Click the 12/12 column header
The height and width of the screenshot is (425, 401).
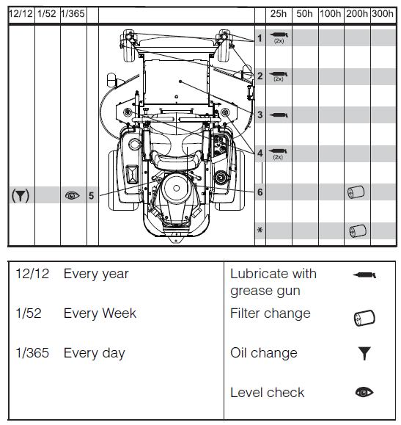[x=20, y=14]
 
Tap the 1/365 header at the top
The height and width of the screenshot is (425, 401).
[x=72, y=14]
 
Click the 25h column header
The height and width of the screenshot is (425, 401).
[x=279, y=14]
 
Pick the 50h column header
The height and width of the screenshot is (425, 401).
[x=304, y=14]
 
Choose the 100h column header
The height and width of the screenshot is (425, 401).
[x=330, y=14]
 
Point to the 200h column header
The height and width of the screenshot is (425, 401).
[x=356, y=14]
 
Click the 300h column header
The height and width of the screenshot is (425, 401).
[x=382, y=14]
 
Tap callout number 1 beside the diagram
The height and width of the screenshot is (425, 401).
[x=260, y=37]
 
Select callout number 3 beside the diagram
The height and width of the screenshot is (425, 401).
[x=260, y=115]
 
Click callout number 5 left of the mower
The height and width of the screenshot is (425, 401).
[x=91, y=196]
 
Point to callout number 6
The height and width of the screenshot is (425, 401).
[x=260, y=192]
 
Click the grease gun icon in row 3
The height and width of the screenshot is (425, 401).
[x=279, y=115]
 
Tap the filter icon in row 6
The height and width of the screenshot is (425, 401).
[x=356, y=192]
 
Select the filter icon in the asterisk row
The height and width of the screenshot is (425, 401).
[x=356, y=231]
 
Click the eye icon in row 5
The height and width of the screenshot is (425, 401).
[x=72, y=196]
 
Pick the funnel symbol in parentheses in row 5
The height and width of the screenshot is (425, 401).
[x=21, y=196]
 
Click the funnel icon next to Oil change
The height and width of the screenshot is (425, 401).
[x=364, y=354]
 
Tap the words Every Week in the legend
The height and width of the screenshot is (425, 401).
[x=100, y=313]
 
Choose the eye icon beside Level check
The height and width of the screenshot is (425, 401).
[x=364, y=393]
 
